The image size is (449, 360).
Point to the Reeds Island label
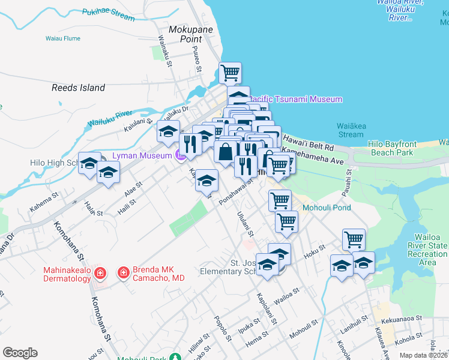point(78,88)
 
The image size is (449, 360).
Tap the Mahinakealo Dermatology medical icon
point(101,274)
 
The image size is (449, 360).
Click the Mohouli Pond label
point(327,208)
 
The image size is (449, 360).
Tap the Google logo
point(20,353)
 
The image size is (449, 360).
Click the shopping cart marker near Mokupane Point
point(230,73)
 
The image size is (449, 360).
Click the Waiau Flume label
point(63,38)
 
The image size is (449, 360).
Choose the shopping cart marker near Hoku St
point(354,240)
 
